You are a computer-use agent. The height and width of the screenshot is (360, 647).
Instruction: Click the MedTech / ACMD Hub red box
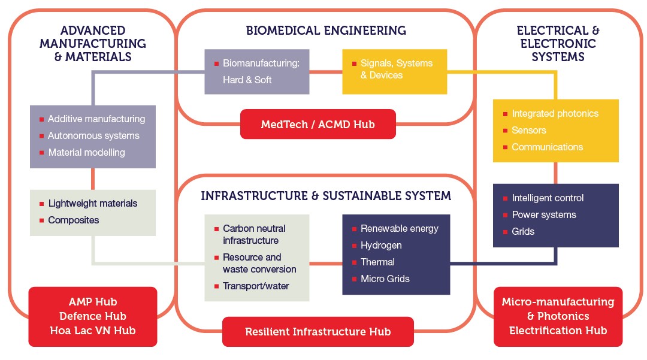318,125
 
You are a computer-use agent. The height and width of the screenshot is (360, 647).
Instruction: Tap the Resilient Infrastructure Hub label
318,332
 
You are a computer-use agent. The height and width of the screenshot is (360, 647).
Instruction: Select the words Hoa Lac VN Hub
93,330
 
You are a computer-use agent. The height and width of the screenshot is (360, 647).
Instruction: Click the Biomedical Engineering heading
326,31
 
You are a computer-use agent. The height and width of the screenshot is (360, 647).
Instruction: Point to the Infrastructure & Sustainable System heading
326,196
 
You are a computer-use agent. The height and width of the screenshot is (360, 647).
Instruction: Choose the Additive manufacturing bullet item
96,119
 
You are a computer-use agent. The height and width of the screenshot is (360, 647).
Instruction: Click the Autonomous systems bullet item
93,136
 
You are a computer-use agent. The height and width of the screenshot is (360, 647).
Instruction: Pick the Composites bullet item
73,220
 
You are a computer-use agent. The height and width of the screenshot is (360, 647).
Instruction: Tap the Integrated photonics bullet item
555,114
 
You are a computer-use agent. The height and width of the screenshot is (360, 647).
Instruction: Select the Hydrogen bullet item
381,246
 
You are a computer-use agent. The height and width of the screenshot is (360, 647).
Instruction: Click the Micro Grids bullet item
385,279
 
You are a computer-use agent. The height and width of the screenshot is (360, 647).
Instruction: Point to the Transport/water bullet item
256,286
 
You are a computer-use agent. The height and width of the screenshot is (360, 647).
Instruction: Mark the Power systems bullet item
543,215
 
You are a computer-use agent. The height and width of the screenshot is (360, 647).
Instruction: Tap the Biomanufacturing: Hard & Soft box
257,71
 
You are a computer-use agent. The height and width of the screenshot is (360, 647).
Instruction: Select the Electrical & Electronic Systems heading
558,44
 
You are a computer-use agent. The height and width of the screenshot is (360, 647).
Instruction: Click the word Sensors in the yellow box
529,131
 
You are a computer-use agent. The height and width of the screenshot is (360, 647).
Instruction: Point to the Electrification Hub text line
558,331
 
